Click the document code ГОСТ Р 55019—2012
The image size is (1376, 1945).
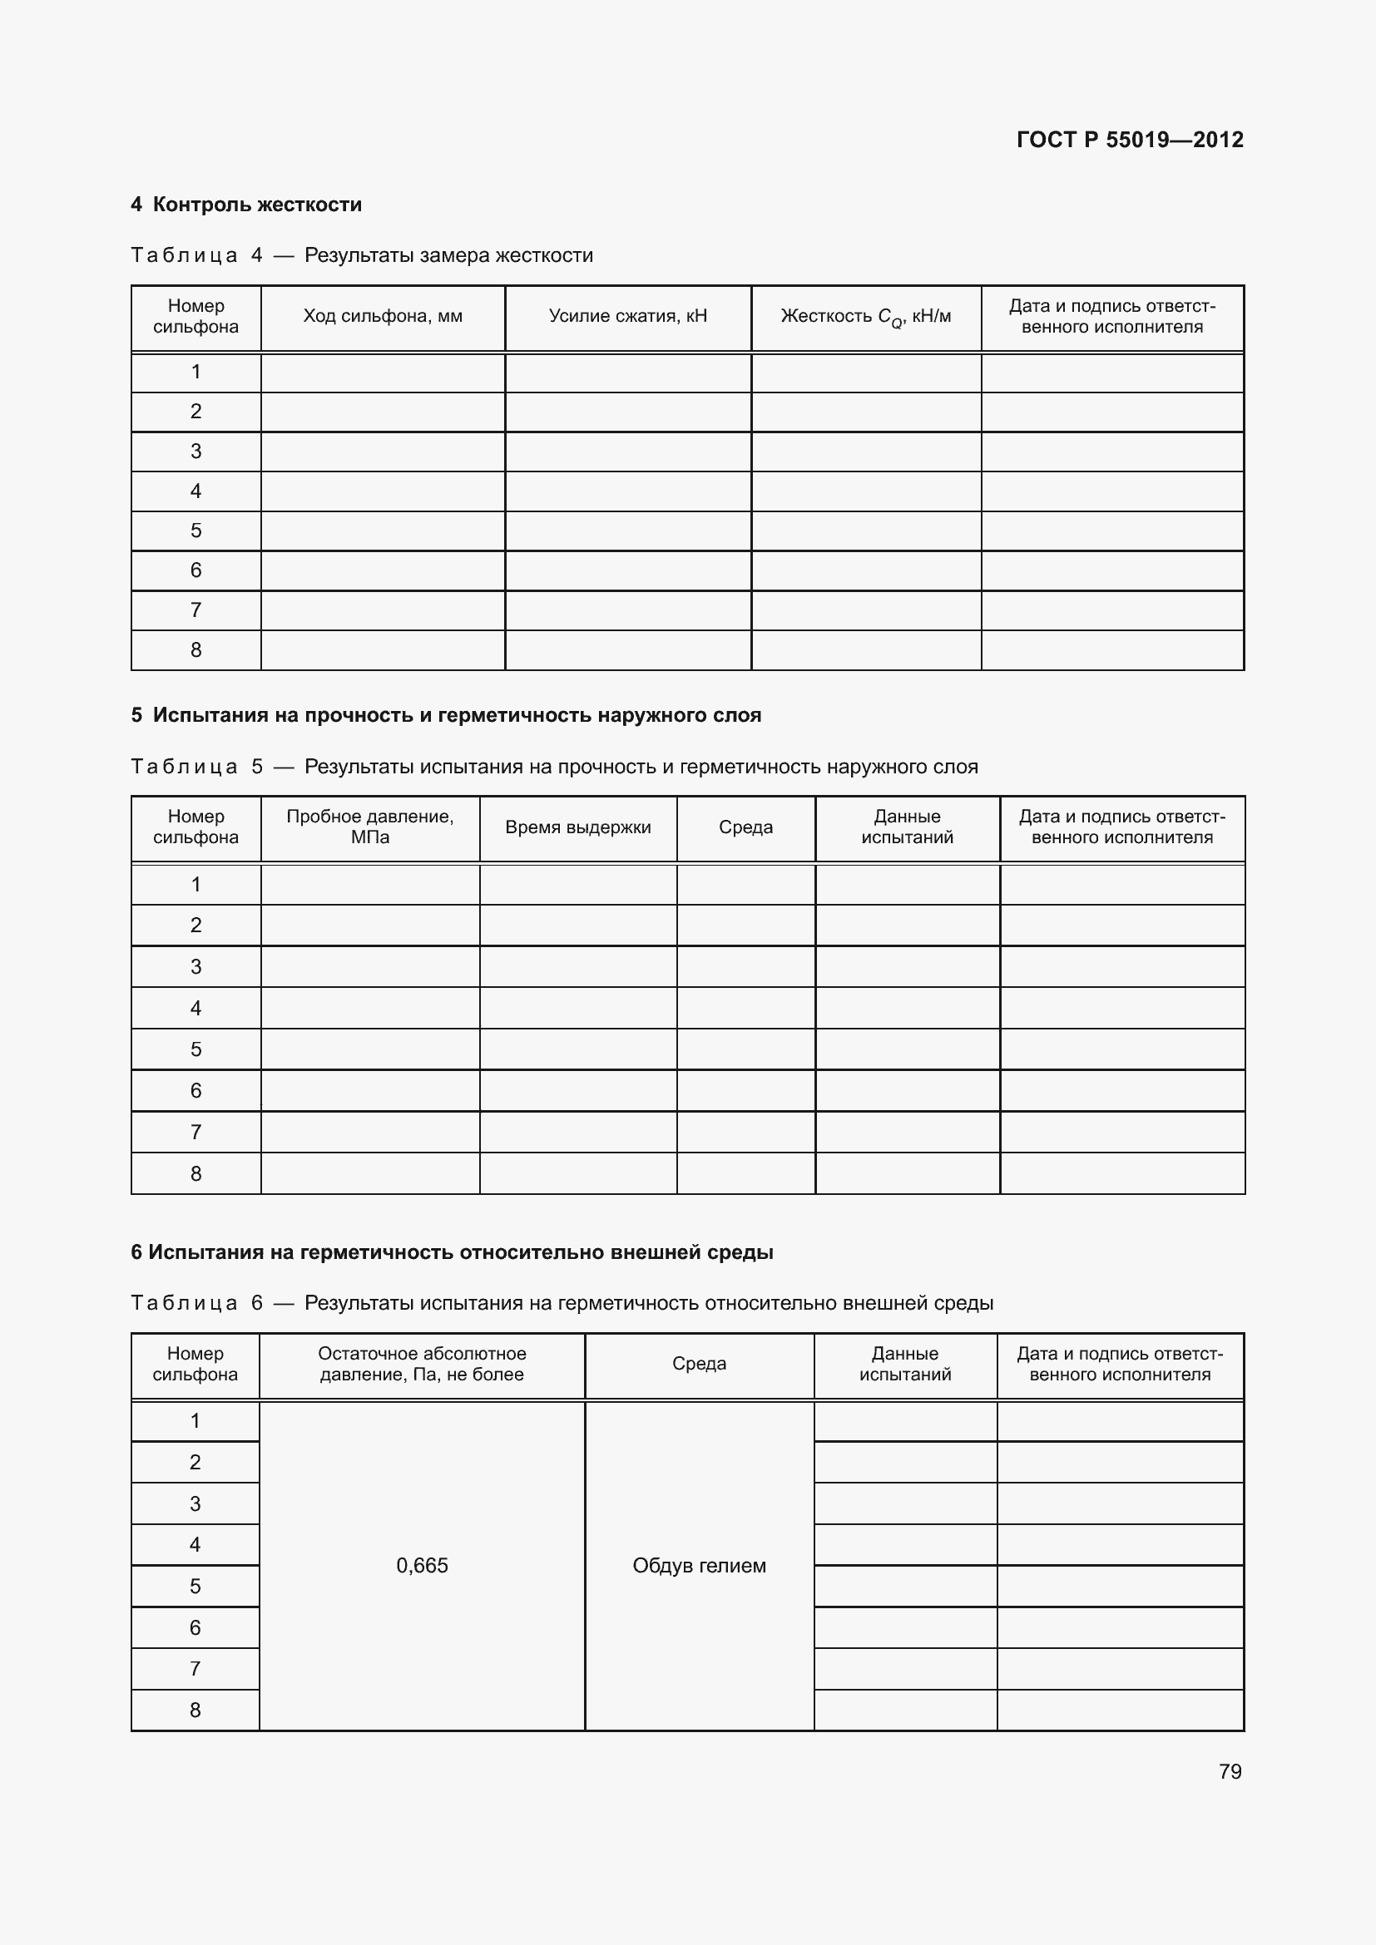(1130, 140)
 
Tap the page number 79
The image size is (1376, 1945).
(1230, 1771)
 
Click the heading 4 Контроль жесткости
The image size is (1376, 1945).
(245, 205)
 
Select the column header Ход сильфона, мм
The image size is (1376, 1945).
(382, 317)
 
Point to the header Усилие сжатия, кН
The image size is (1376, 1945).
(627, 317)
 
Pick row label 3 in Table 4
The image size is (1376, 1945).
(196, 452)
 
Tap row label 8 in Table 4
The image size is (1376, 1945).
(196, 649)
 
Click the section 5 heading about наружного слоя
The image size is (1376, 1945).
(446, 715)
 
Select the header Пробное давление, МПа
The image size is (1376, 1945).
(369, 827)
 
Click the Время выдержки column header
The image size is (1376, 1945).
(578, 827)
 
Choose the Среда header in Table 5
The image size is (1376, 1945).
(745, 827)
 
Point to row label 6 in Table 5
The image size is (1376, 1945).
(196, 1090)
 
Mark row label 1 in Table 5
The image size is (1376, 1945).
(196, 885)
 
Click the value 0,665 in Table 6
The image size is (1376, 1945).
(422, 1566)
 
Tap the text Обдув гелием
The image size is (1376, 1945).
(699, 1566)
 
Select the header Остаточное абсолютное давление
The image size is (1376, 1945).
(422, 1364)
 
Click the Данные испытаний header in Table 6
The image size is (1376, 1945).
(905, 1364)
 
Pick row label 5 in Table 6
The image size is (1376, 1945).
(195, 1586)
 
